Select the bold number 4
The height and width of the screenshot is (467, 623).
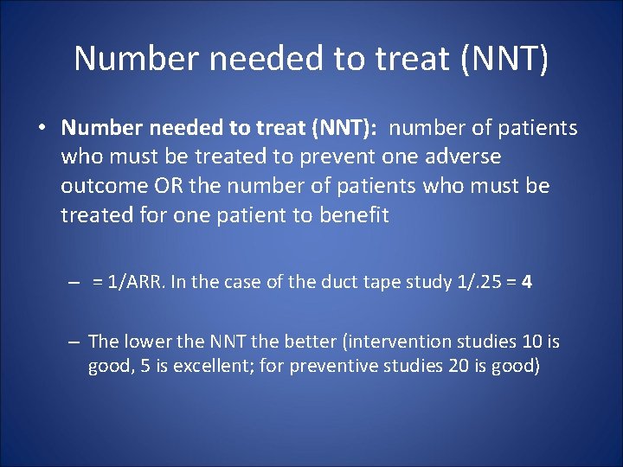[x=526, y=284]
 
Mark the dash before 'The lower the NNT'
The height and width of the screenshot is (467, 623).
[x=76, y=342]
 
